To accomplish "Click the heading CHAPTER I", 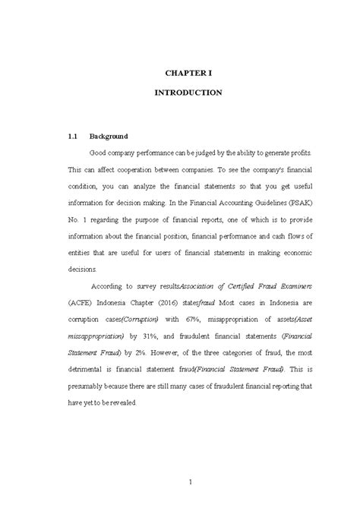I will pyautogui.click(x=188, y=74).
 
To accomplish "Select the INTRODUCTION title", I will pyautogui.click(x=188, y=93).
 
